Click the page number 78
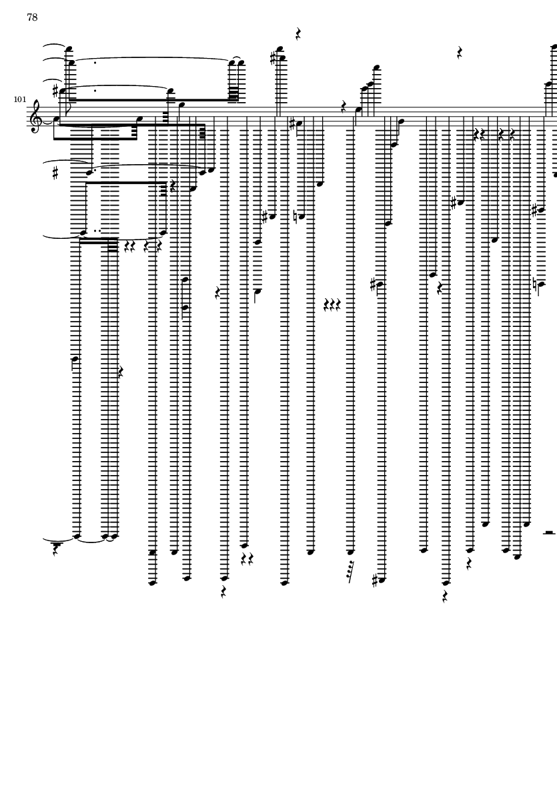point(32,17)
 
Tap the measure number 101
point(19,99)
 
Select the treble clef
point(35,116)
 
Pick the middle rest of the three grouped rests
point(332,304)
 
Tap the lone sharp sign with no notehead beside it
point(55,173)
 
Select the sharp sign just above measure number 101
point(56,91)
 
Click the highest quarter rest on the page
point(298,34)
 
